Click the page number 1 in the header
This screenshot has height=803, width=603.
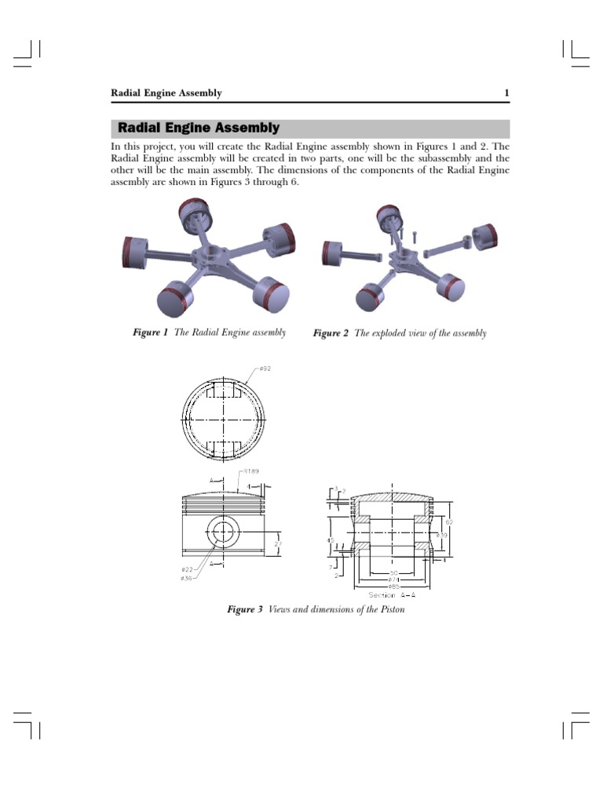pos(506,93)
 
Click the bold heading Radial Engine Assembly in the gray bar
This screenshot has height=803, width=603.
pos(198,128)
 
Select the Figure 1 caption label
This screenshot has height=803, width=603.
pos(151,332)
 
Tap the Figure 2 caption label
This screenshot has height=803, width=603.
pos(331,333)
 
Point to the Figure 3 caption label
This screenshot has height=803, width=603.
pos(244,609)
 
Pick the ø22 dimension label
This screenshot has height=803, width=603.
pos(186,569)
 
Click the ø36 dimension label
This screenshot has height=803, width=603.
pos(186,579)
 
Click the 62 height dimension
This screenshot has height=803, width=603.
pos(448,521)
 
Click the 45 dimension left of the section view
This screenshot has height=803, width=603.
pos(331,540)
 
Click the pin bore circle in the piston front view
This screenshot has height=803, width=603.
pos(224,532)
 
